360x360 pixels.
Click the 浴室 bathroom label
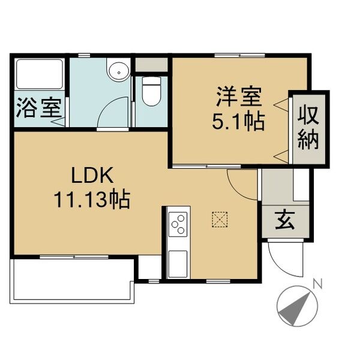pyautogui.click(x=37, y=109)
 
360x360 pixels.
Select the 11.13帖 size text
pyautogui.click(x=92, y=199)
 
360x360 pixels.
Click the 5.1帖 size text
pyautogui.click(x=238, y=122)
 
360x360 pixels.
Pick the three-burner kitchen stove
pyautogui.click(x=177, y=226)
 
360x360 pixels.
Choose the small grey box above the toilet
pyautogui.click(x=151, y=64)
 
